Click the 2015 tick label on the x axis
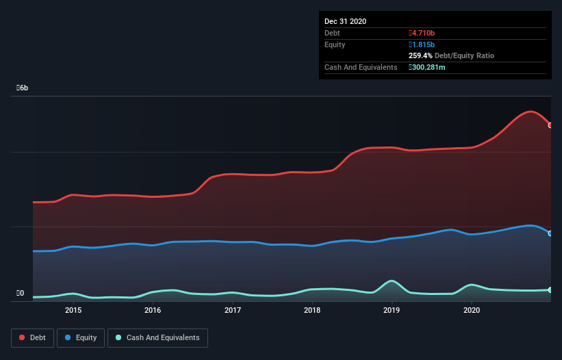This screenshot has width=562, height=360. tap(73, 310)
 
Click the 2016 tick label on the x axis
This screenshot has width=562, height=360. tap(153, 310)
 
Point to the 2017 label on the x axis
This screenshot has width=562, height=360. tap(233, 310)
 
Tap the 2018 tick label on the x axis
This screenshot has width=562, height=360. tap(312, 310)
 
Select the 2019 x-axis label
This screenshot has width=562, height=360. tap(392, 310)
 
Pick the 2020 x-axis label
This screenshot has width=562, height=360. tap(472, 310)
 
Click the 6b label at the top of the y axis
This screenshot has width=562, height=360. tap(23, 88)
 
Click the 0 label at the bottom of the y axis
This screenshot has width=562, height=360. tap(21, 294)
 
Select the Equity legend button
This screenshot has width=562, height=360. tap(81, 337)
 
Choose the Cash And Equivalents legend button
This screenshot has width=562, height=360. tap(157, 337)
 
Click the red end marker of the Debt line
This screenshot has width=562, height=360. tap(550, 125)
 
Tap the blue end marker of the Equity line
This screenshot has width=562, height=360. tap(550, 233)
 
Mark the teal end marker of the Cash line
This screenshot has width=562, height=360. tap(550, 290)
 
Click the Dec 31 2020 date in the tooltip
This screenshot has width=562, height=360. tap(345, 21)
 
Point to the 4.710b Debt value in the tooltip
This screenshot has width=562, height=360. tap(422, 33)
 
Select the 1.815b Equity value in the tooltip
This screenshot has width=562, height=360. tap(422, 44)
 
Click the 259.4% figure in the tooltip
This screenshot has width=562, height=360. tap(421, 55)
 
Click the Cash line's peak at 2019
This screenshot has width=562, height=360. tap(392, 281)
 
